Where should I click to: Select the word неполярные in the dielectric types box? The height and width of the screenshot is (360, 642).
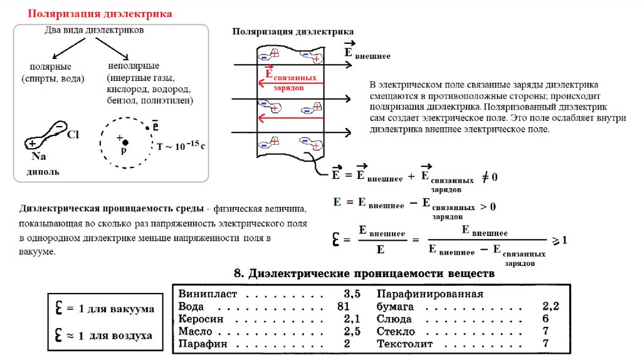tap(134, 66)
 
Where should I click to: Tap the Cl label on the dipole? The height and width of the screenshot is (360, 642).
tap(73, 134)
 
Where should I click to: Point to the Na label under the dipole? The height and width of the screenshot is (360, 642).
tap(38, 157)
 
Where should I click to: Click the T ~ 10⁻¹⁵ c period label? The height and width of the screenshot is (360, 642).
tap(181, 146)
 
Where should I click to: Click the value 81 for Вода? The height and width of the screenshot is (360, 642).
tap(342, 307)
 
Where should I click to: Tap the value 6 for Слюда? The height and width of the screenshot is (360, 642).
tap(545, 319)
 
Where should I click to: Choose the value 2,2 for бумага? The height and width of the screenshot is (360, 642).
tap(550, 307)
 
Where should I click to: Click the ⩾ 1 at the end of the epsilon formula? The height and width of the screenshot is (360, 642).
tap(559, 240)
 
